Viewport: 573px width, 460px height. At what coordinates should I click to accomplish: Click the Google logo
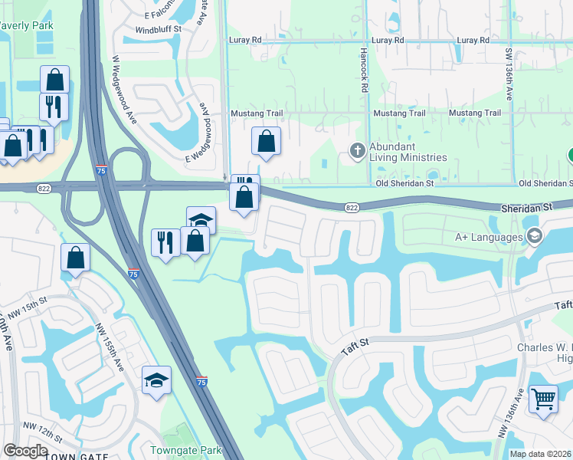[x=25, y=451]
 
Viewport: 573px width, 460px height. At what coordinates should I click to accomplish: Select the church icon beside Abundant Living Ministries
[x=357, y=150]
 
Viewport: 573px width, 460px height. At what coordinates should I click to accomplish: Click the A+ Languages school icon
[x=533, y=236]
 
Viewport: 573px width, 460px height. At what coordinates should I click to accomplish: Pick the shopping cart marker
[x=543, y=398]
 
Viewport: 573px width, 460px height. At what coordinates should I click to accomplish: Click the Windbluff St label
[x=158, y=29]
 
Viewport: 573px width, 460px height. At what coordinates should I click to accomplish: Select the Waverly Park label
[x=25, y=25]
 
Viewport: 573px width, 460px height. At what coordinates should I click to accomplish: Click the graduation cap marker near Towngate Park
[x=156, y=379]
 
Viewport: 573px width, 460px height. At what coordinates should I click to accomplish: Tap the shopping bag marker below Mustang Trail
[x=266, y=141]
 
